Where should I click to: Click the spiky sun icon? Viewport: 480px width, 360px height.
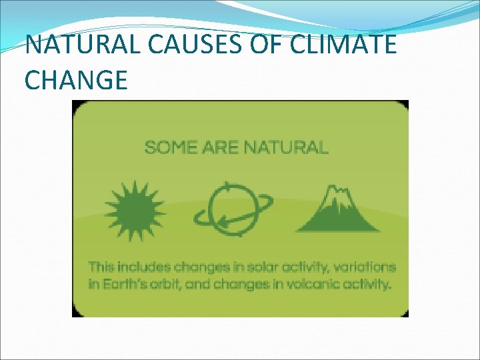135,207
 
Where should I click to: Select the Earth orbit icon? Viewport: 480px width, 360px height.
233,208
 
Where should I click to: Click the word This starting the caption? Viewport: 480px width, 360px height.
101,267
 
